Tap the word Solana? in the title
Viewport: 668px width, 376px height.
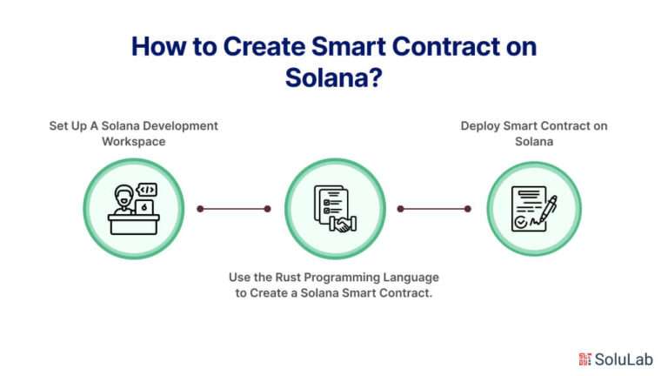pyautogui.click(x=334, y=77)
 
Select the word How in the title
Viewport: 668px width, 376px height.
pyautogui.click(x=158, y=46)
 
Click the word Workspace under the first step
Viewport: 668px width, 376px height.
pyautogui.click(x=134, y=142)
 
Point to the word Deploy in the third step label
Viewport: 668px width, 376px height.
pyautogui.click(x=480, y=126)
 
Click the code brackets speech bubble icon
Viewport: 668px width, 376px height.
pyautogui.click(x=147, y=190)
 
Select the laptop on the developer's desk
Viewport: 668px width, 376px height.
pyautogui.click(x=144, y=208)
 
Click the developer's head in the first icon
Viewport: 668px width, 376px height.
pyautogui.click(x=124, y=196)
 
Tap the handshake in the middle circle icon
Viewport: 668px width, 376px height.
pyautogui.click(x=343, y=225)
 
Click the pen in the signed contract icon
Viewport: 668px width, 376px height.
pyautogui.click(x=548, y=209)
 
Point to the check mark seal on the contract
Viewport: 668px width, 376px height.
pyautogui.click(x=521, y=222)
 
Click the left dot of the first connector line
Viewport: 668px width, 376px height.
pyautogui.click(x=200, y=209)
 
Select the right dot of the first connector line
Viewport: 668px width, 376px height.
pyautogui.click(x=268, y=209)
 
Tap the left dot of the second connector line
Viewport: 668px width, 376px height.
pyautogui.click(x=400, y=209)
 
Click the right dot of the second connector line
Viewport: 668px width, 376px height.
pyautogui.click(x=468, y=209)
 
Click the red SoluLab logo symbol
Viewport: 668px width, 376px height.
pyautogui.click(x=584, y=359)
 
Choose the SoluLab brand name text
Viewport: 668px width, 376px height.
pyautogui.click(x=624, y=359)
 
